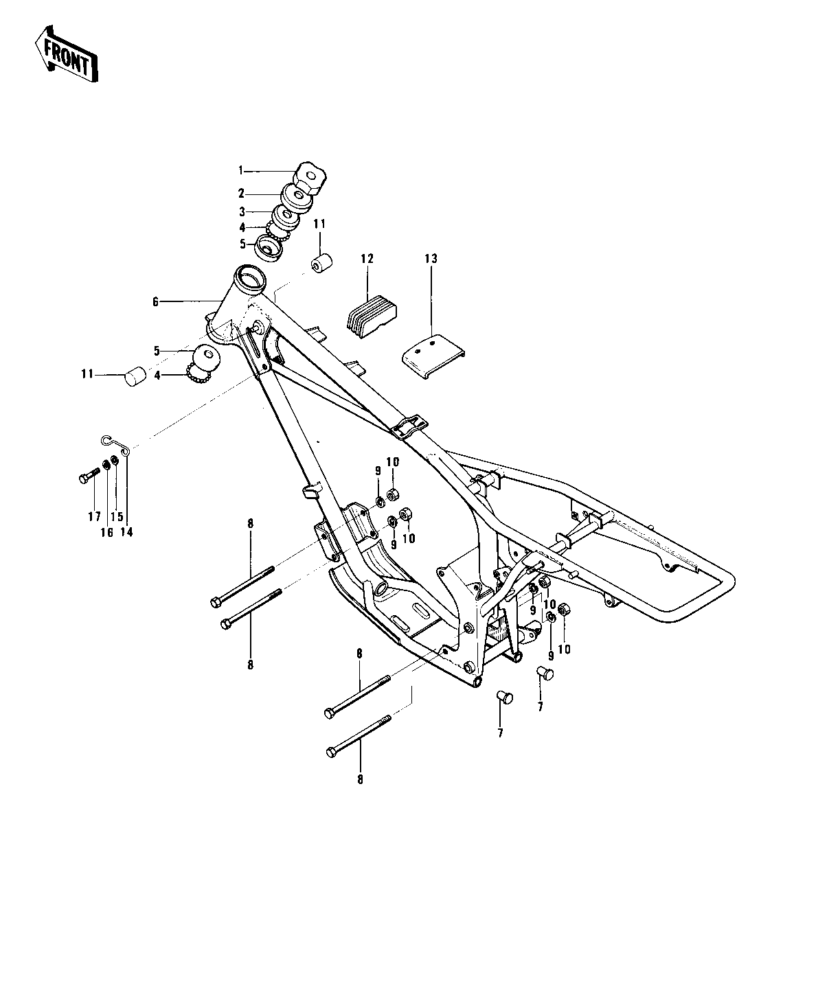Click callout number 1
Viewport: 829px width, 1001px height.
point(241,170)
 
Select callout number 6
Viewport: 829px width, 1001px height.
point(155,301)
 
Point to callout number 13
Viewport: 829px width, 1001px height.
point(431,259)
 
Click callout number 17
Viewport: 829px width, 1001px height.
point(94,516)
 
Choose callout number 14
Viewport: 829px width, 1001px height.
point(126,516)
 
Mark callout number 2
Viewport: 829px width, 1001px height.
point(241,194)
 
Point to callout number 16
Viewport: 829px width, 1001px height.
point(107,516)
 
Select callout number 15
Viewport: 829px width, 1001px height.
point(116,516)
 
